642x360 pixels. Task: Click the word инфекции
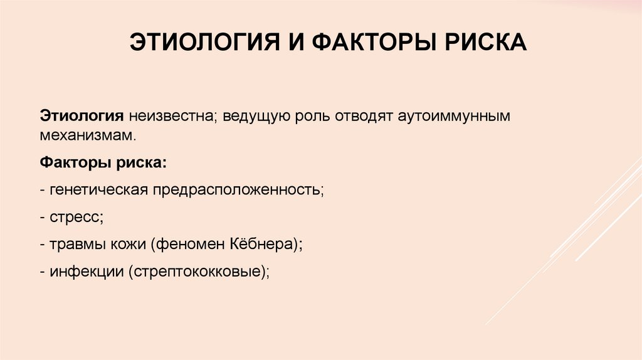click(82, 272)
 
